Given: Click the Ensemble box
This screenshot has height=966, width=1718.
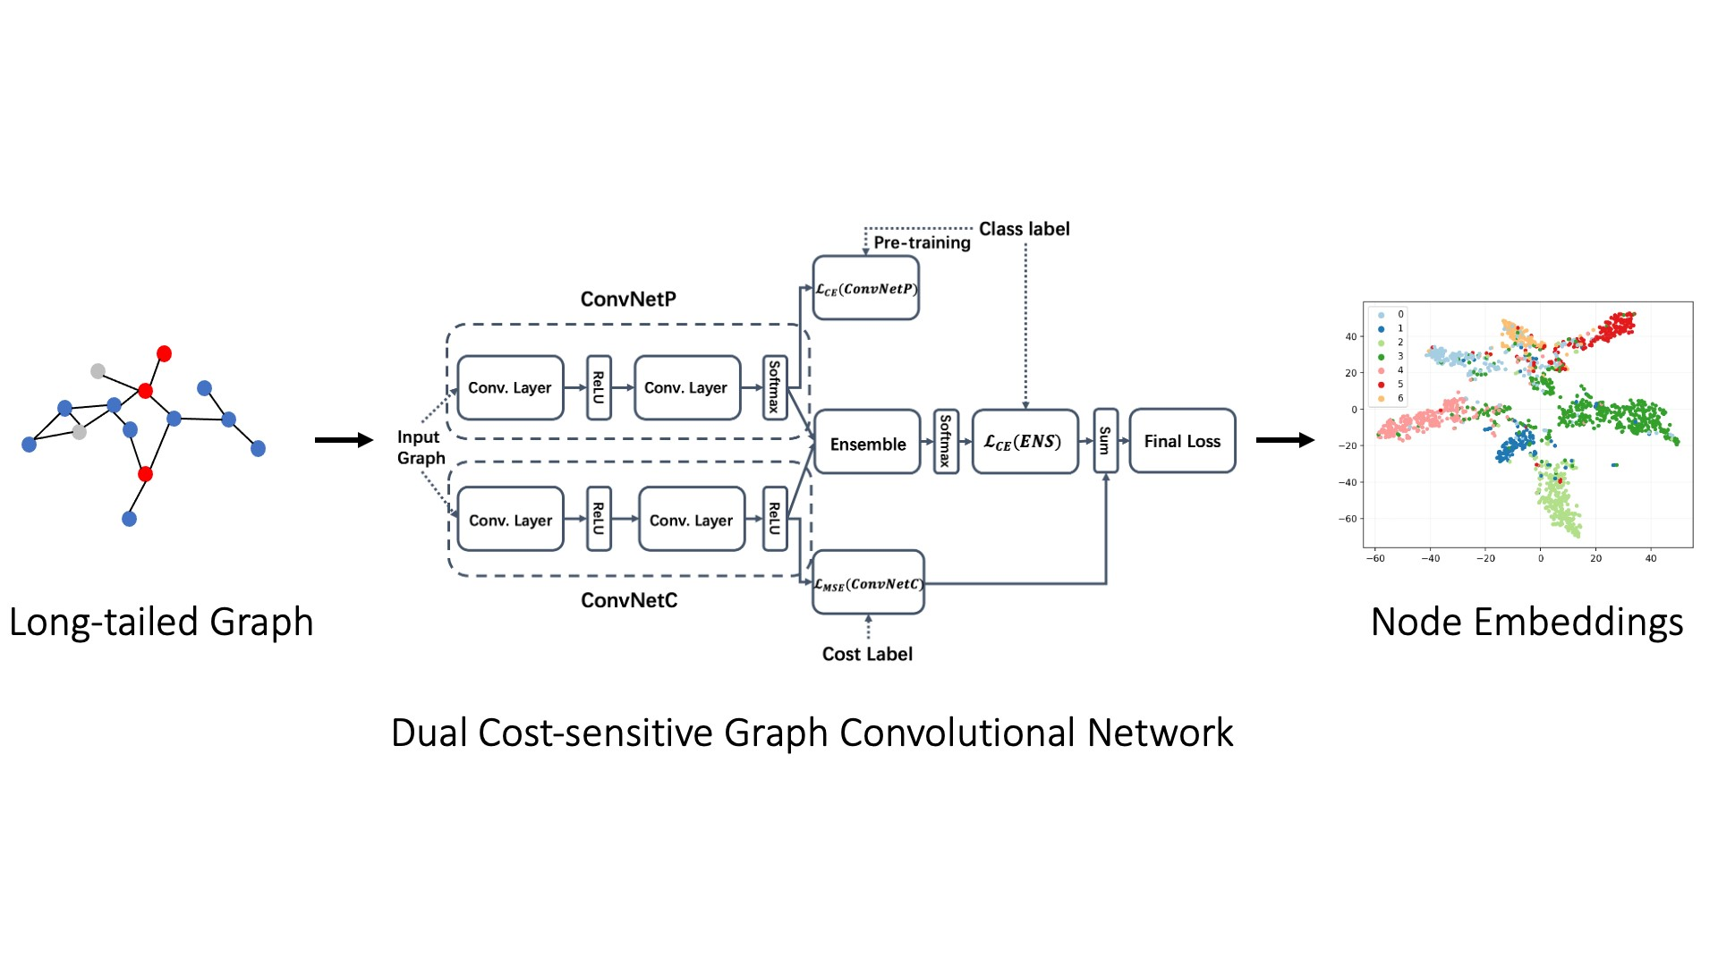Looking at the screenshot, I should (867, 443).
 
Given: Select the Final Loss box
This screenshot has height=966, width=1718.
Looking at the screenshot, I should (1182, 441).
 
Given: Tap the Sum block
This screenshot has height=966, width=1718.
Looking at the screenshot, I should (1105, 440).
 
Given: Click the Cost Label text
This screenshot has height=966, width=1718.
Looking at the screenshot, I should (867, 654).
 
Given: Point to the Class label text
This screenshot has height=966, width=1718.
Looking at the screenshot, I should (1024, 229).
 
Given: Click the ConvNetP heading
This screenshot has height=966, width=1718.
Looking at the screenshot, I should (628, 299).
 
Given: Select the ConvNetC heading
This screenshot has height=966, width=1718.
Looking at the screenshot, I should (629, 600).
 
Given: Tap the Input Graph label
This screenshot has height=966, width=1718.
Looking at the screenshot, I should (421, 447).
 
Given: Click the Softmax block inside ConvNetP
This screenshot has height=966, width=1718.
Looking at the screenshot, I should (775, 387).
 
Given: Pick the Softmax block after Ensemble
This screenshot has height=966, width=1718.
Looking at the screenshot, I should (945, 441).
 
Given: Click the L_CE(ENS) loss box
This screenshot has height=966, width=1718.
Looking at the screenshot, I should (1025, 441).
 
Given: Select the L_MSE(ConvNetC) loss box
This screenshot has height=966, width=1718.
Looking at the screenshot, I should (868, 583).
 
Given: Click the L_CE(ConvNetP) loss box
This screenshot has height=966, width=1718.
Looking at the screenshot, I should (865, 288).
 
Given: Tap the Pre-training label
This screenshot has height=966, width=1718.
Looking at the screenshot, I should (922, 243).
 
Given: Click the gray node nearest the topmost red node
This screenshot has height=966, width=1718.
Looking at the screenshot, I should (98, 370).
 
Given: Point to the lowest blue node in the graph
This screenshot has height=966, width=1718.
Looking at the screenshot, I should (129, 518).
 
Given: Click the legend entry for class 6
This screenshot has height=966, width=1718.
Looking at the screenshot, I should (1392, 398).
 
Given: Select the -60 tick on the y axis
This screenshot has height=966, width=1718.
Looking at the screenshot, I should (1348, 518).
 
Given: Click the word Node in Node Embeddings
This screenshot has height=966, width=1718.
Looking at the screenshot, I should (1417, 622).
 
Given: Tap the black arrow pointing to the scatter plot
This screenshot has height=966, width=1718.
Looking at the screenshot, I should (1285, 439).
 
